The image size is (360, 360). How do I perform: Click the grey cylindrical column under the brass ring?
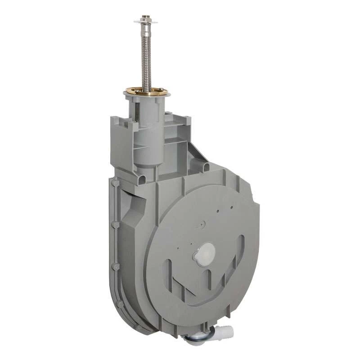pyautogui.click(x=147, y=130)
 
